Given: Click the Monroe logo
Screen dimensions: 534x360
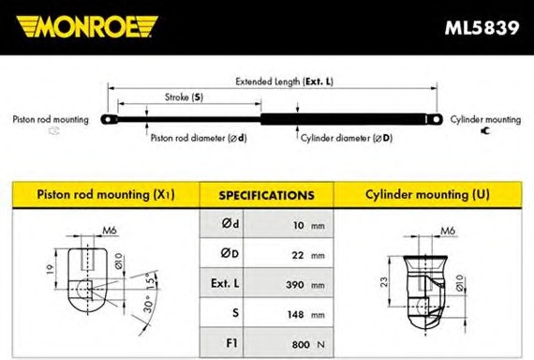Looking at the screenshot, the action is [87, 26].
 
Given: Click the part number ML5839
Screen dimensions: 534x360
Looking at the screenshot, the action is [482, 27].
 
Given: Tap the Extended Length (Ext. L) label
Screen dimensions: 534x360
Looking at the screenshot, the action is [285, 82].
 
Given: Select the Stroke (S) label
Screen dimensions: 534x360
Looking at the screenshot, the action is [184, 97].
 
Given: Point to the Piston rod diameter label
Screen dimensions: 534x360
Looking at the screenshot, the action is [199, 138].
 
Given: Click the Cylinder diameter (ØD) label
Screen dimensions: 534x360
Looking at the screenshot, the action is [347, 138].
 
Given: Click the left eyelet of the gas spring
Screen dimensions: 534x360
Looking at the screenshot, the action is [109, 120].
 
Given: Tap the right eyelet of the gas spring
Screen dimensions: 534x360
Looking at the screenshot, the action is [435, 119].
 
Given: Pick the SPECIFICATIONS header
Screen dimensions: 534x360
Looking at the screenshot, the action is [267, 195].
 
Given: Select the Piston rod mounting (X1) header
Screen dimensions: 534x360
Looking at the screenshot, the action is [106, 195].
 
